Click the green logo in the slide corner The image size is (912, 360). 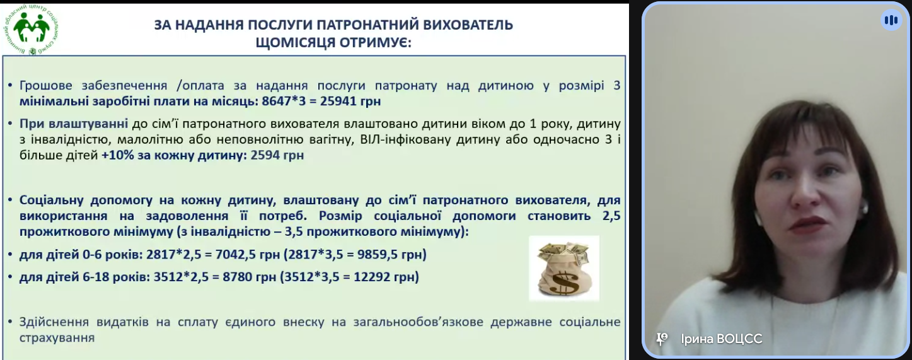point(32,30)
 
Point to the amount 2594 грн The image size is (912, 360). point(277,155)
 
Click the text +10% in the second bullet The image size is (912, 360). point(118,155)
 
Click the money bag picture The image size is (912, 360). point(564,269)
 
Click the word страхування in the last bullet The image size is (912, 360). point(57,338)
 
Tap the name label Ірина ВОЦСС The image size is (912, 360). point(722,339)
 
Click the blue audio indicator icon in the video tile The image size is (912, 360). point(891,20)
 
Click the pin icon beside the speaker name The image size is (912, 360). point(662,339)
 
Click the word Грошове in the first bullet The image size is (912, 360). point(46,86)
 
